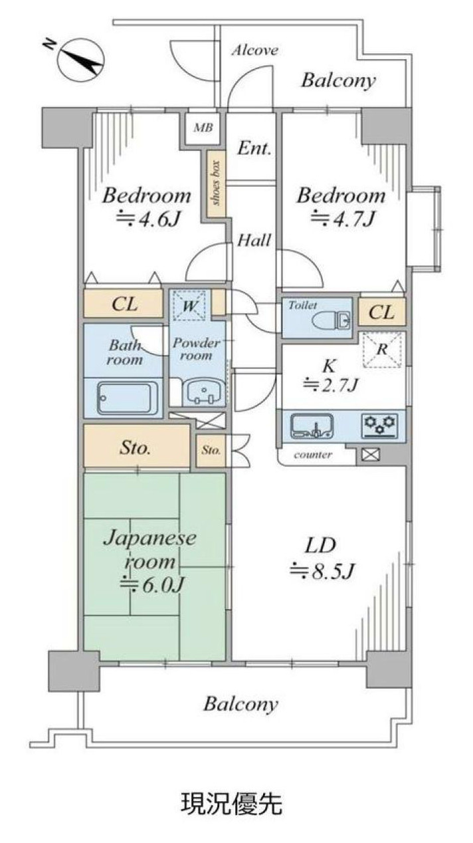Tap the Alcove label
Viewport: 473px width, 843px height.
[x=255, y=50]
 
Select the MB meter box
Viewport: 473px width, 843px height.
[x=203, y=128]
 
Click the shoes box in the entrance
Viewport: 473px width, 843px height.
[x=216, y=183]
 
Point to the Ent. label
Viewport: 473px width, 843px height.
[x=254, y=149]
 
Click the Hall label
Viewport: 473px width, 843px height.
[x=254, y=240]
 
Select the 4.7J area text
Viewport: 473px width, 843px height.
[x=342, y=219]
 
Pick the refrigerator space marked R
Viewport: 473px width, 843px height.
[x=382, y=350]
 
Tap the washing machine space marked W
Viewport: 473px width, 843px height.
[x=190, y=305]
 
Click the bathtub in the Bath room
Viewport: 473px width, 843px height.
[x=128, y=398]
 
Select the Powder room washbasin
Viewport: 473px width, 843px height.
[x=204, y=393]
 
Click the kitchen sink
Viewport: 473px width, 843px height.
[x=312, y=426]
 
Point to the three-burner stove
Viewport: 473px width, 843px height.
[x=380, y=426]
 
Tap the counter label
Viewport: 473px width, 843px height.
[x=313, y=455]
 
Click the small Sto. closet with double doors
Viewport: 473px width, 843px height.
[x=211, y=451]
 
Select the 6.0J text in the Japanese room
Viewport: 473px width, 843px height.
[x=152, y=585]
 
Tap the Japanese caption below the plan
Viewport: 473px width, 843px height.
[x=232, y=804]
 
